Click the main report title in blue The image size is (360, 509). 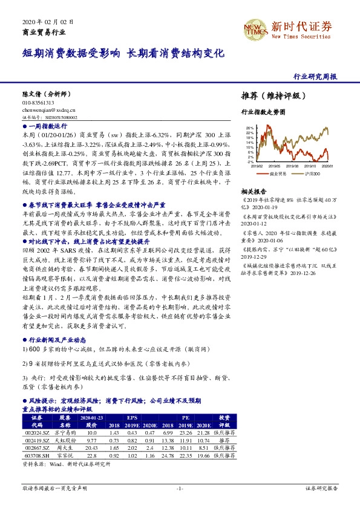coord(123,53)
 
